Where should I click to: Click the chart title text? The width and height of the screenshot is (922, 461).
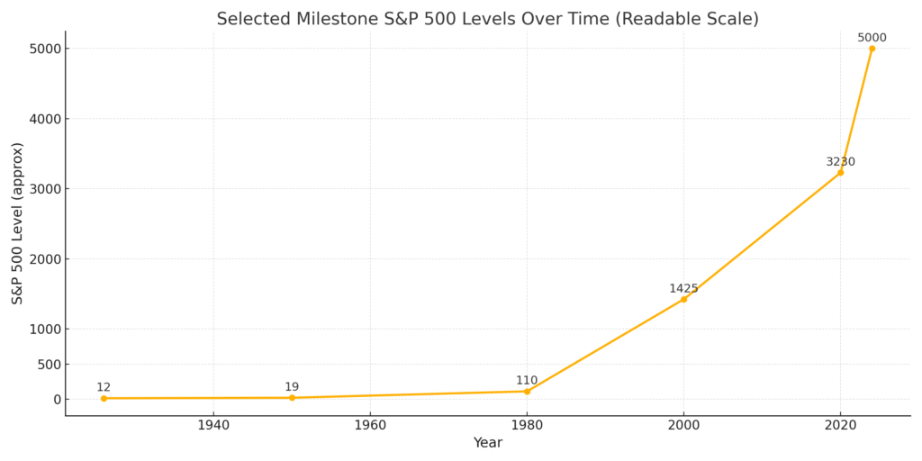point(487,19)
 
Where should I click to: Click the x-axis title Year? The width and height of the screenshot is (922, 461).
point(487,443)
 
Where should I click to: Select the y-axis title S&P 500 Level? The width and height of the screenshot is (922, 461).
point(18,222)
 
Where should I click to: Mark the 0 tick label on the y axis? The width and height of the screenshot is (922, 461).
point(56,400)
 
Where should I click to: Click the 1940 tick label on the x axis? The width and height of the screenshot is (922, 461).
point(213,425)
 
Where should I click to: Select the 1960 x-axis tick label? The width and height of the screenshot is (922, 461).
point(370,425)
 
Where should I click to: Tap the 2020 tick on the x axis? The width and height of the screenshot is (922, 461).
point(840,425)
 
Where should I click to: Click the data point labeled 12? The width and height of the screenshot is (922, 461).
point(104,398)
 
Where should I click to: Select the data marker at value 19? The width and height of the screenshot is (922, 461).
point(292,398)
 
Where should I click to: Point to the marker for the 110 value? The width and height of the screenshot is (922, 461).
point(527,391)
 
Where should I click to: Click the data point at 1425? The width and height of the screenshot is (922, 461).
point(683,299)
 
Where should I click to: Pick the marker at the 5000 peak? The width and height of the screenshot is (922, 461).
point(872,49)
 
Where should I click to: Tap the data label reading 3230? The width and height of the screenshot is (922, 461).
point(840,162)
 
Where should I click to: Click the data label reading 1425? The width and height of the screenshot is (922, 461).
point(683,289)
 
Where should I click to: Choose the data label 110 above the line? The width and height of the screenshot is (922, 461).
point(527,381)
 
